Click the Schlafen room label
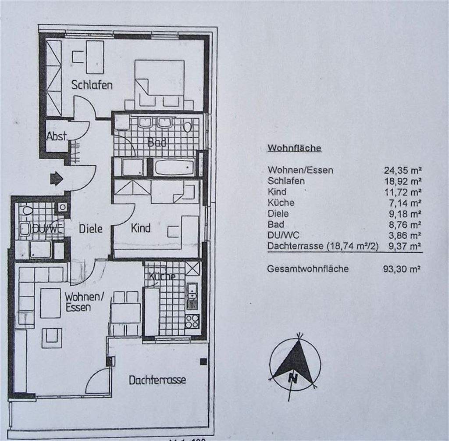tap(92, 84)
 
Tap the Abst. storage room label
tap(57, 136)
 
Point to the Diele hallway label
tap(90, 228)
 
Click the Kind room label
tap(141, 228)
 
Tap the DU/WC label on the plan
tap(42, 229)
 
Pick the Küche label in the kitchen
tap(162, 276)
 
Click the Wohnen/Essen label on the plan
tap(84, 302)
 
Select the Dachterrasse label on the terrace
tap(157, 380)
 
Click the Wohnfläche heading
tap(294, 148)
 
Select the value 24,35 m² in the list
tap(402, 170)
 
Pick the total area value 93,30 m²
tap(402, 269)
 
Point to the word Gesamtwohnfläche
tap(308, 269)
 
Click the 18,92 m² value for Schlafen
tap(402, 181)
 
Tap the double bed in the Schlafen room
tap(159, 83)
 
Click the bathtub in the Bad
tap(174, 167)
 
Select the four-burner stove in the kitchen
tap(192, 321)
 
